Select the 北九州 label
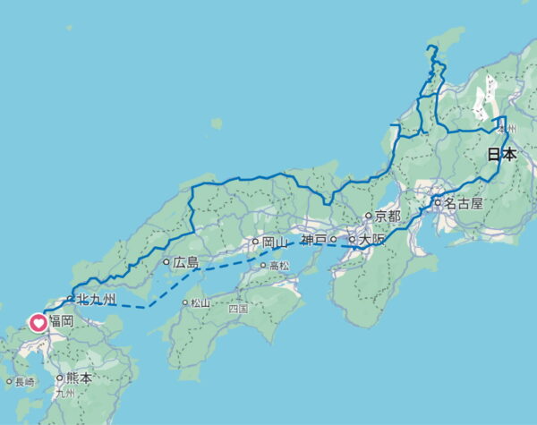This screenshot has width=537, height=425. point(97,299)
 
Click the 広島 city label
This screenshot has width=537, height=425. point(186,263)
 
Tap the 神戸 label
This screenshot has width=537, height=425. point(314,239)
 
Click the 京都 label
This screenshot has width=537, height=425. point(388,217)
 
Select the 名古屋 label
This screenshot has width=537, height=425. point(465,203)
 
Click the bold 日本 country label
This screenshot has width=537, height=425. point(501,154)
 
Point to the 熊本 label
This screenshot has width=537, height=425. point(79,378)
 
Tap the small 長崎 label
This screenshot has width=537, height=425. point(26,382)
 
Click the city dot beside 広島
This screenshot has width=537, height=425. point(166,263)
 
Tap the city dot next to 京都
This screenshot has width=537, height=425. point(368,217)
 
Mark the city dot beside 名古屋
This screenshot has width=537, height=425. point(439,203)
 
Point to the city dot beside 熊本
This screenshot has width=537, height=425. point(59,378)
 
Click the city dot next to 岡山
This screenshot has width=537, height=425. point(255,242)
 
